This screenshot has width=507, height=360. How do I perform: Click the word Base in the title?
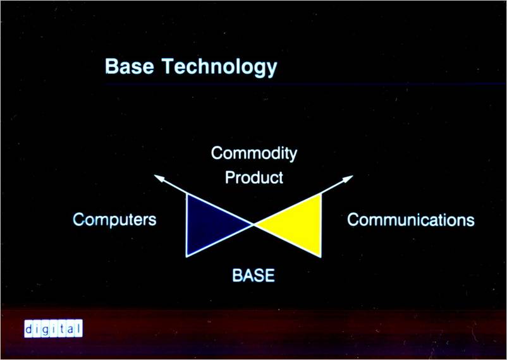pyautogui.click(x=130, y=66)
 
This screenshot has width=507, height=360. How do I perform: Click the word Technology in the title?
pyautogui.click(x=219, y=68)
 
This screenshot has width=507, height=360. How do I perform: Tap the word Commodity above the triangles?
pyautogui.click(x=254, y=153)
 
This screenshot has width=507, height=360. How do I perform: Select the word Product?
pyautogui.click(x=254, y=177)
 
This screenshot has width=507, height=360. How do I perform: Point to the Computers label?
pyautogui.click(x=114, y=220)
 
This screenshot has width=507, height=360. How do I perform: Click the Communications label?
pyautogui.click(x=411, y=220)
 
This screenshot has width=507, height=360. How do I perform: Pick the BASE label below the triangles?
pyautogui.click(x=253, y=275)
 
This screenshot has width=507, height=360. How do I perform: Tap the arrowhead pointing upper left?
pyautogui.click(x=159, y=177)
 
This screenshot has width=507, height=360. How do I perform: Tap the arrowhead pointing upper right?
pyautogui.click(x=348, y=178)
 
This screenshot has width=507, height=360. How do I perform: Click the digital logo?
pyautogui.click(x=53, y=328)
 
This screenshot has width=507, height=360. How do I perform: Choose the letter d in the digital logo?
pyautogui.click(x=28, y=329)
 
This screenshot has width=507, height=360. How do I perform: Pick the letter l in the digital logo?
pyautogui.click(x=78, y=328)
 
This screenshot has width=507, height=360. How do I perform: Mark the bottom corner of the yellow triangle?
pyautogui.click(x=321, y=257)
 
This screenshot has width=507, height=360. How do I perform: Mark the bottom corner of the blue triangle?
pyautogui.click(x=186, y=257)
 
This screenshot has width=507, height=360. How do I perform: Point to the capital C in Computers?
pyautogui.click(x=79, y=219)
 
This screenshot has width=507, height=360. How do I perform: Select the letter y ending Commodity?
pyautogui.click(x=293, y=156)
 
